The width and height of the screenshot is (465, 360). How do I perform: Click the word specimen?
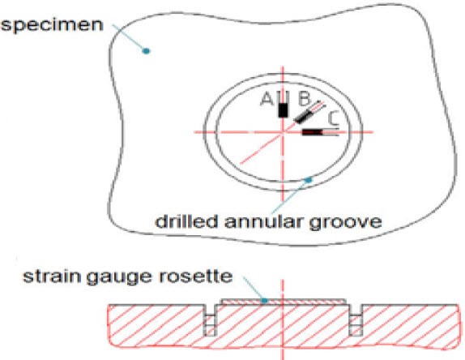[52, 25]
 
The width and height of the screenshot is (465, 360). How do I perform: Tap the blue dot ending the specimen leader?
[146, 51]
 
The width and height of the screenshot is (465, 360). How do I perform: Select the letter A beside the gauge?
[267, 99]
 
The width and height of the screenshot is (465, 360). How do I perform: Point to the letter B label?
[305, 99]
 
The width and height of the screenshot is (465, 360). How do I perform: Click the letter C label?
[333, 119]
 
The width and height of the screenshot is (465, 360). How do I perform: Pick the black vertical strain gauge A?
[284, 109]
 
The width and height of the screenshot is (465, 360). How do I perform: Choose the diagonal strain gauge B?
[303, 116]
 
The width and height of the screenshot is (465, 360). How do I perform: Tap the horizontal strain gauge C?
[312, 132]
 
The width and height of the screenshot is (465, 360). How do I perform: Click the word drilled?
[186, 221]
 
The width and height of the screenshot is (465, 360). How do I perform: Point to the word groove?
[345, 223]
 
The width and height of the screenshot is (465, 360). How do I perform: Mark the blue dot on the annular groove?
[309, 179]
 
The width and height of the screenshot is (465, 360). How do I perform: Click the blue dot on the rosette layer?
[265, 301]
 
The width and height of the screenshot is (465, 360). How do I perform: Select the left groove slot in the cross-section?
[211, 320]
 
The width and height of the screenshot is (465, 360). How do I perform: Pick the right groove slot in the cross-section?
[356, 320]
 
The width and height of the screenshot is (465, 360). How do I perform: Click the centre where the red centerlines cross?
[283, 132]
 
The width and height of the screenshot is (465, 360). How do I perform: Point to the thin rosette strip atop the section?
[284, 302]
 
